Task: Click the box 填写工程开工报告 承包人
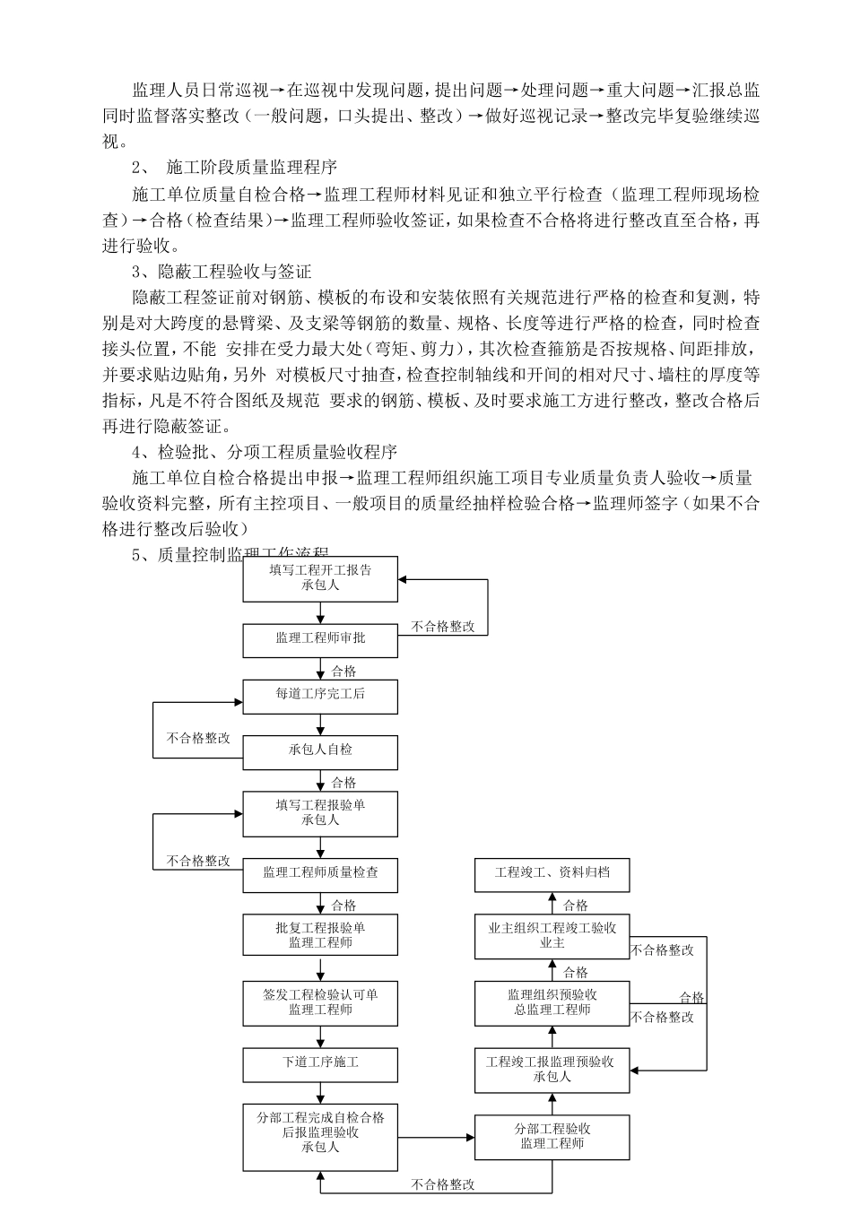pos(320,578)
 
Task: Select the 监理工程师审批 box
pos(320,639)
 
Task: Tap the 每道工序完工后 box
pos(320,695)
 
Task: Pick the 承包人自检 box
pos(320,750)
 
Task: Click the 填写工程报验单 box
pos(320,812)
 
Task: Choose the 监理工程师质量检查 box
pos(320,872)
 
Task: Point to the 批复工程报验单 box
pos(320,935)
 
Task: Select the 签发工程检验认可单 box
pos(320,1002)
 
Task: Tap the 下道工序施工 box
pos(320,1062)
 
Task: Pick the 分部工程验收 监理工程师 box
pos(552,1137)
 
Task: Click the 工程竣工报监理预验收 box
pos(552,1070)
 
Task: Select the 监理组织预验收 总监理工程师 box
pos(552,1002)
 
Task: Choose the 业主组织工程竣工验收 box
pos(552,936)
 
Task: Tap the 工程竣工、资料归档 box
pos(552,872)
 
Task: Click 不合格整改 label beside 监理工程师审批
pos(443,627)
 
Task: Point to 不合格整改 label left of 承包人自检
pos(198,739)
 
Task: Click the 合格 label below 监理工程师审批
pos(343,671)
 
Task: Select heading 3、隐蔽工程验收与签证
pos(222,271)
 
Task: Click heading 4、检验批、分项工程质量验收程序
pos(265,452)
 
